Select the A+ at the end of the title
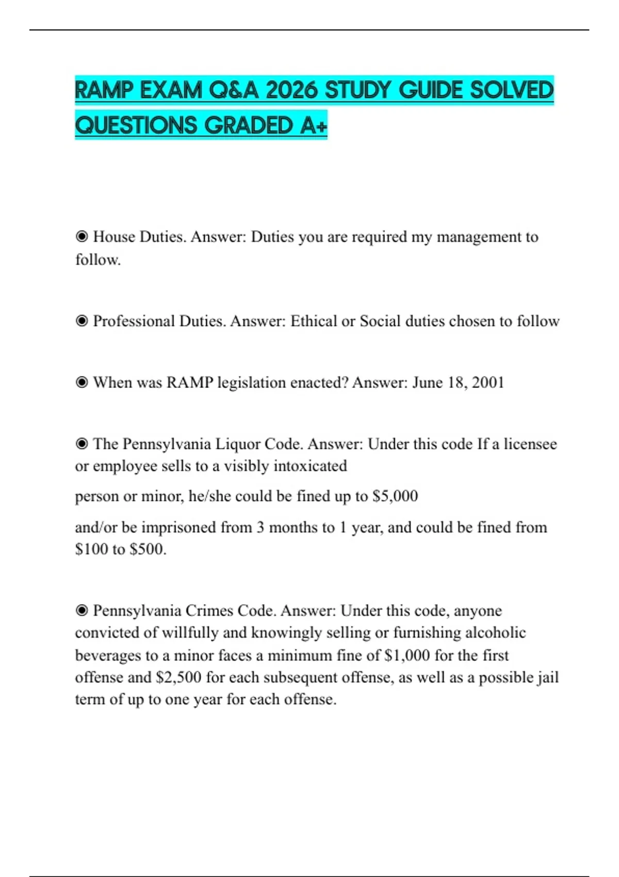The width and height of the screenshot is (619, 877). [313, 125]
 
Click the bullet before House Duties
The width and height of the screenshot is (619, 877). [82, 237]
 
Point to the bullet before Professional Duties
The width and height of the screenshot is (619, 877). [82, 321]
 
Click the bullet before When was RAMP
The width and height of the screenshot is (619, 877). [82, 382]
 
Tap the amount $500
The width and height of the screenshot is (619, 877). [148, 549]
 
